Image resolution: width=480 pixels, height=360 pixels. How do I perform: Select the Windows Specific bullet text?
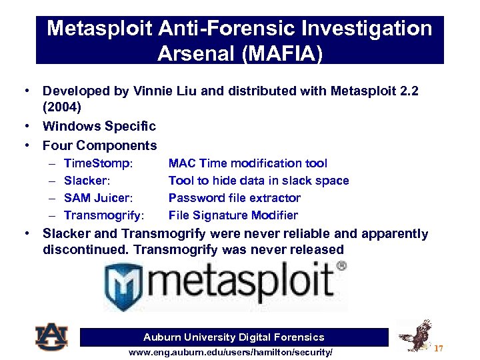pos(99,126)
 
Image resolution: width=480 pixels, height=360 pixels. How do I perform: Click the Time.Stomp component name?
pos(98,163)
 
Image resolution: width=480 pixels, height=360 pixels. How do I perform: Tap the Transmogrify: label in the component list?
pos(104,215)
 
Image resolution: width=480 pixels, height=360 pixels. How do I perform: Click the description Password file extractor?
pos(234,198)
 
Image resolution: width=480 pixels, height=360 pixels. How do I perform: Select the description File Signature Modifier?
pos(233,215)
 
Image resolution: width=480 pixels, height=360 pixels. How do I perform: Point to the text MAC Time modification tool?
pos(247,163)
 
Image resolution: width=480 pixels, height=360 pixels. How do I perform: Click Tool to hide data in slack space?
pos(258,181)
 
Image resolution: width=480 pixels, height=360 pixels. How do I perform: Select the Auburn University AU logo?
pos(51,337)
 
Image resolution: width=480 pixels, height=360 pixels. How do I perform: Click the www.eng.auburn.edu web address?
pos(230,351)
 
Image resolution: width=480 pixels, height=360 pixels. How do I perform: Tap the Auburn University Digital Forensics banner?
pos(233,337)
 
